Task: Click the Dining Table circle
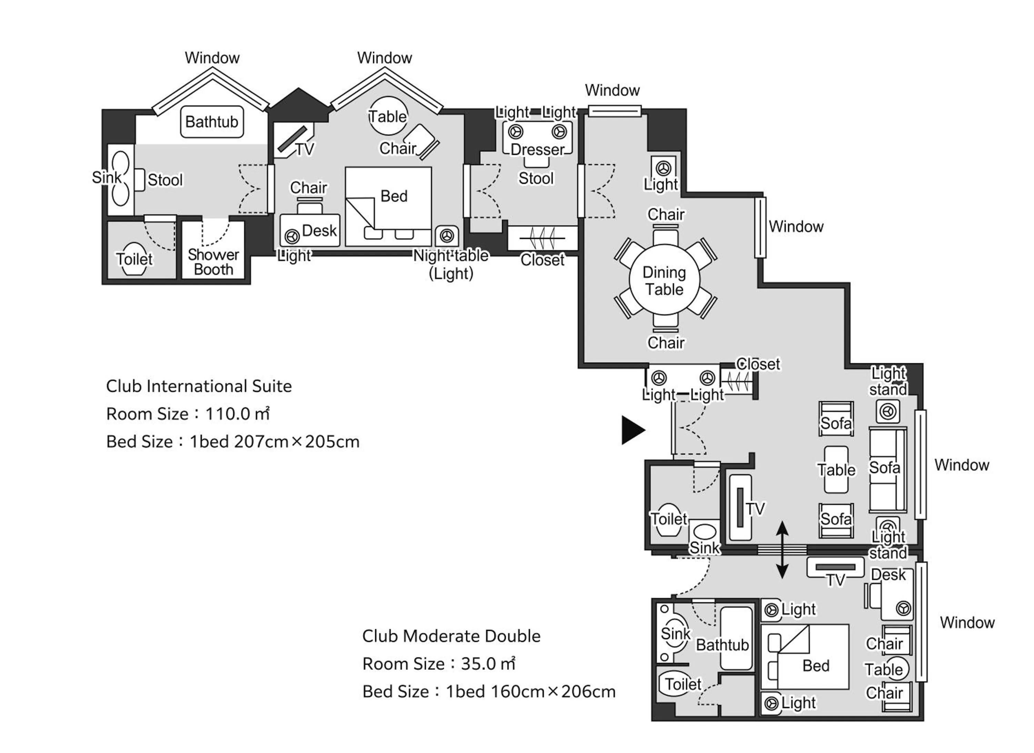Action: [x=664, y=280]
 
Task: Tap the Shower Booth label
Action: [x=213, y=262]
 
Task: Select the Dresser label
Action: [x=537, y=149]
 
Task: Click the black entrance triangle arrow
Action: [x=632, y=430]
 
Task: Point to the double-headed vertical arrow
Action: [x=782, y=550]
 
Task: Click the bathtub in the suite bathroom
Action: [x=212, y=122]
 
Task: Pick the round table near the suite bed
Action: [x=388, y=116]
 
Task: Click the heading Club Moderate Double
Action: [x=451, y=636]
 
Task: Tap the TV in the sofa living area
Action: [x=740, y=507]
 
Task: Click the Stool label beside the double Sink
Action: [x=165, y=180]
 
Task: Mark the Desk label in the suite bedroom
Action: [x=319, y=231]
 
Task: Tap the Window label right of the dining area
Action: [x=796, y=227]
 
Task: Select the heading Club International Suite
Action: [x=199, y=386]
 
